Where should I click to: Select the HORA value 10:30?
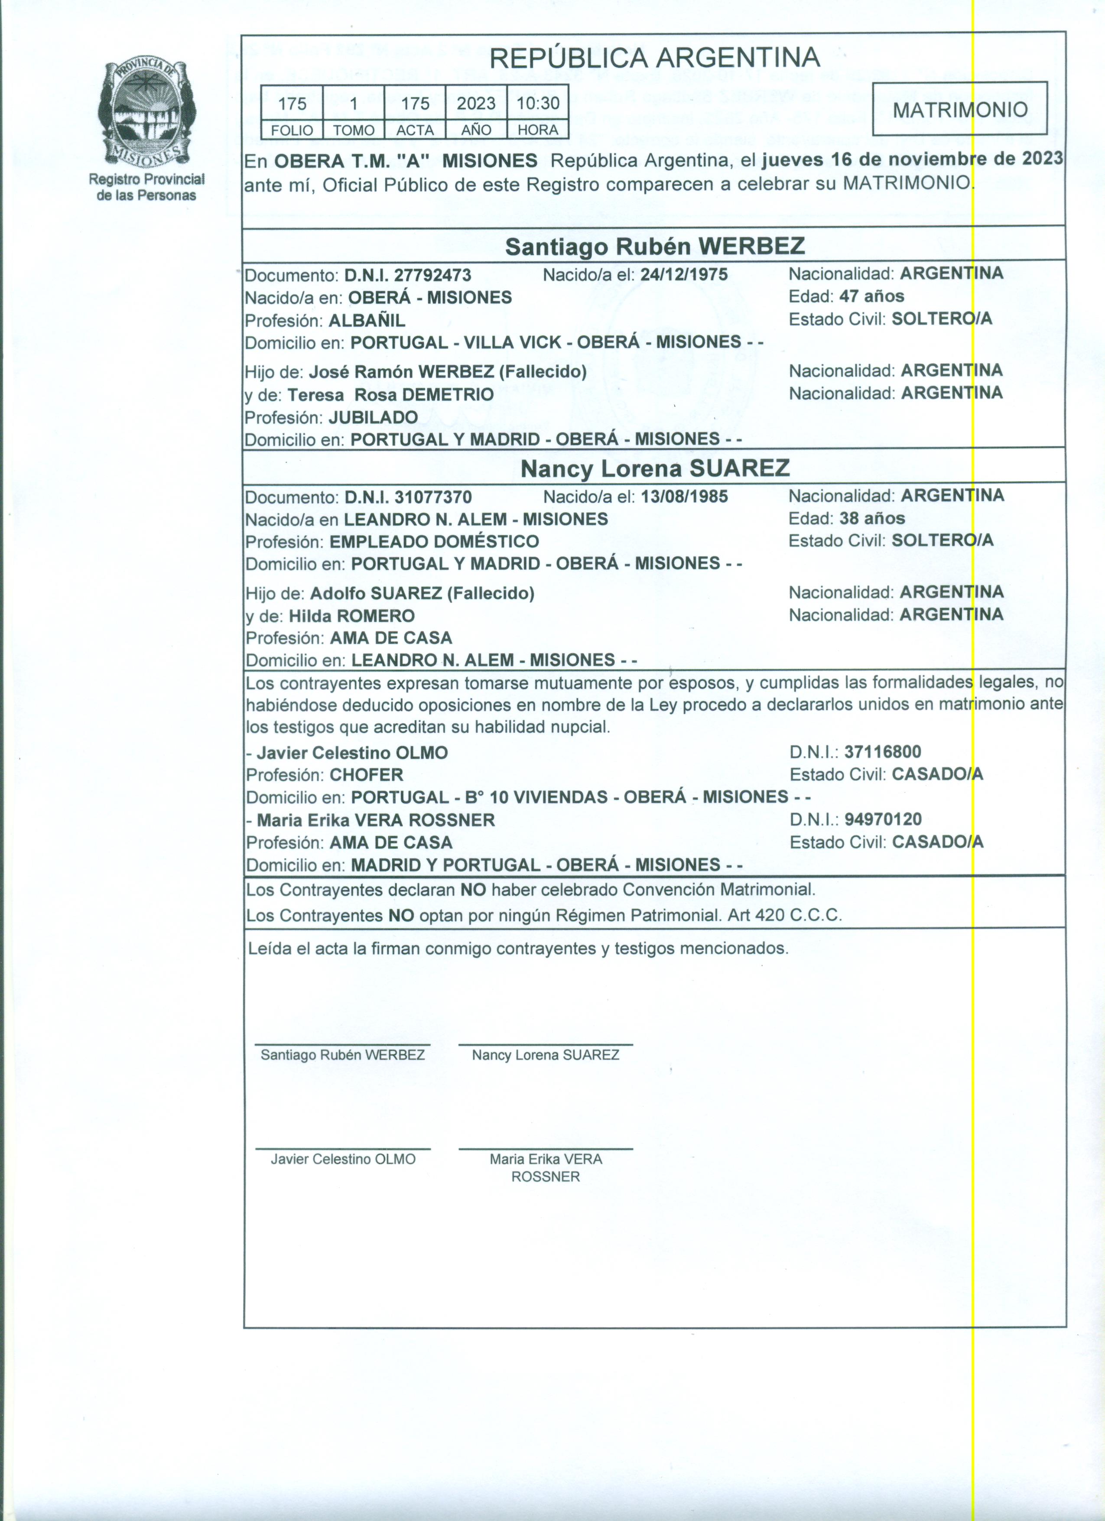(538, 103)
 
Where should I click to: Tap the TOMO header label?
(353, 130)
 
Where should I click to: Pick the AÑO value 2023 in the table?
(476, 103)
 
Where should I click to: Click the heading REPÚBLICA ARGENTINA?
(654, 58)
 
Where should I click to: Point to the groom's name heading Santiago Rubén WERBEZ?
(654, 246)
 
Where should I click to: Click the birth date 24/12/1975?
(684, 274)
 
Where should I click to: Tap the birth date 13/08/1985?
(684, 497)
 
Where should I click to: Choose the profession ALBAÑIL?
(367, 320)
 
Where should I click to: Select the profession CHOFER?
(366, 775)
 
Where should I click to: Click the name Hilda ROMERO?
(351, 616)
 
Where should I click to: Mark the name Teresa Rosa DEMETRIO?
(391, 394)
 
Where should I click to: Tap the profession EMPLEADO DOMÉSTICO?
(434, 541)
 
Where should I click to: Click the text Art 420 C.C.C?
(784, 915)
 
